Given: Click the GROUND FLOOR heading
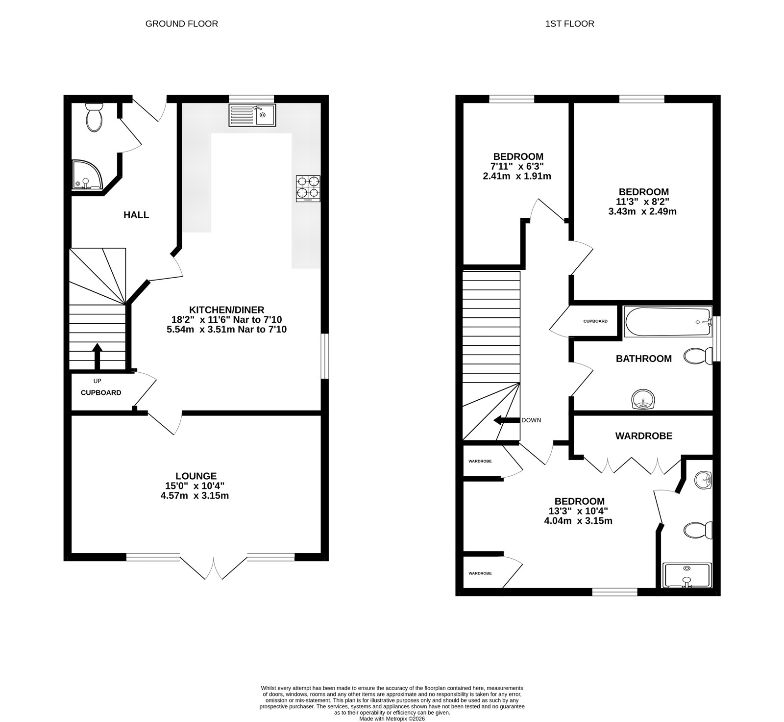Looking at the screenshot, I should pyautogui.click(x=181, y=24).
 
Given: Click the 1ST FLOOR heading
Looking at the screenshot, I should pyautogui.click(x=569, y=24).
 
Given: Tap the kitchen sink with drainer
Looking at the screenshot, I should pyautogui.click(x=252, y=115).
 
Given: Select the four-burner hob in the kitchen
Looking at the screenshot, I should pyautogui.click(x=308, y=188).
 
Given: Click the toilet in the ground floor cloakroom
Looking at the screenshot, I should pyautogui.click(x=93, y=117).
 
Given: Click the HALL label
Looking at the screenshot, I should pyautogui.click(x=136, y=215).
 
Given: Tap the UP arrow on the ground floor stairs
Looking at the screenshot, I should pyautogui.click(x=97, y=356).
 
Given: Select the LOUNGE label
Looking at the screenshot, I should pyautogui.click(x=196, y=476).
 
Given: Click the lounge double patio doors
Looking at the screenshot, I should pyautogui.click(x=214, y=568).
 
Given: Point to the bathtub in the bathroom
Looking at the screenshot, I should pyautogui.click(x=667, y=322).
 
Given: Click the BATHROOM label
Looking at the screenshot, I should pyautogui.click(x=643, y=359).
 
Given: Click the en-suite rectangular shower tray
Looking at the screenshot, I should pyautogui.click(x=686, y=575).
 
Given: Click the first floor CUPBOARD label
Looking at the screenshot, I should pyautogui.click(x=595, y=321).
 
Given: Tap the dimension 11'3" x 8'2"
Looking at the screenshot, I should pyautogui.click(x=642, y=202).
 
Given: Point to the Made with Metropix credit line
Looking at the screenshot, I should pyautogui.click(x=392, y=719).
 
